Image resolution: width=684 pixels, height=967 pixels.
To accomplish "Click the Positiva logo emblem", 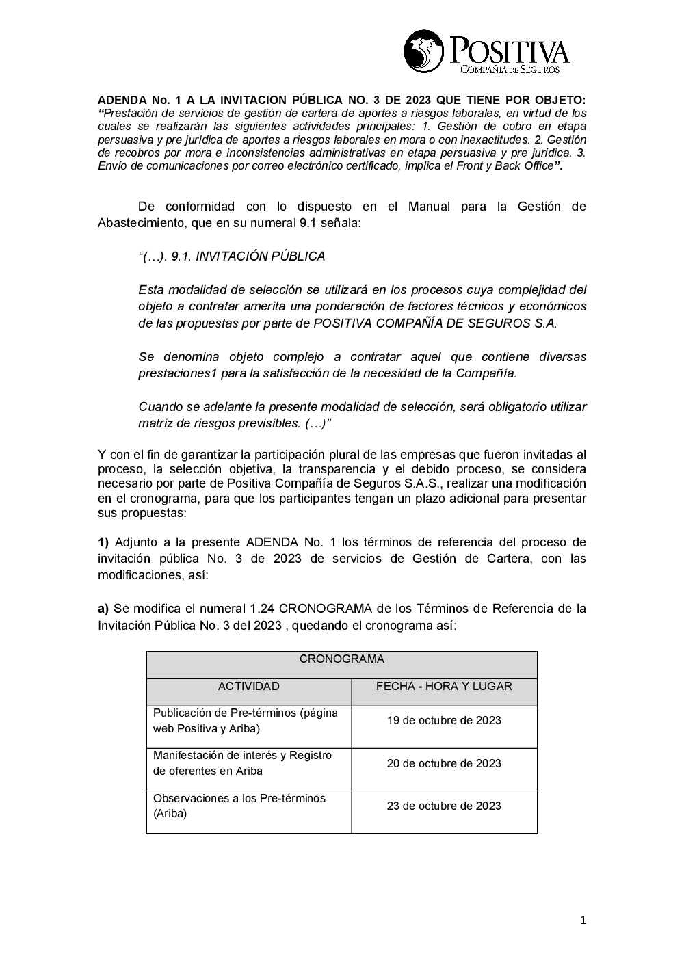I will click(424, 51).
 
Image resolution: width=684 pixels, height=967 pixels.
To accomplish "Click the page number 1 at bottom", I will click(583, 920).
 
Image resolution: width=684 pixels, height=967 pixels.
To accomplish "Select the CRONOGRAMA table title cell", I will click(341, 659).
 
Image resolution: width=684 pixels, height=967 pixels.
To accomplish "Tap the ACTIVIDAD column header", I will click(248, 686).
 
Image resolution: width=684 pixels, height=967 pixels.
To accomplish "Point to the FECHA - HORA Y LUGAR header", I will click(444, 686).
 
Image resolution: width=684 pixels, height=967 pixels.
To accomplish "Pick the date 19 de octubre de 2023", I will click(444, 720).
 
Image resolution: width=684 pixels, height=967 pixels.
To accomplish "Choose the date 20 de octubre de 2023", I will click(444, 763).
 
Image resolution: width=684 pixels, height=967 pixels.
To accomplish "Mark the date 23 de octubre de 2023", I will click(444, 806).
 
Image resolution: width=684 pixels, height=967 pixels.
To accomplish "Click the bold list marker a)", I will click(103, 609).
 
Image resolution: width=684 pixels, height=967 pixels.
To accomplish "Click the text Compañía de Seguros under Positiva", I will click(510, 70).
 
